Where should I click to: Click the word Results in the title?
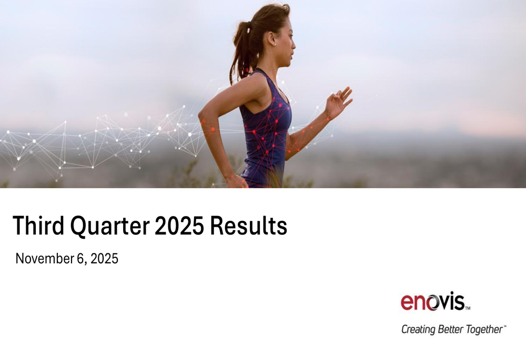(x=249, y=226)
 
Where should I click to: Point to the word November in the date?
(x=45, y=259)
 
